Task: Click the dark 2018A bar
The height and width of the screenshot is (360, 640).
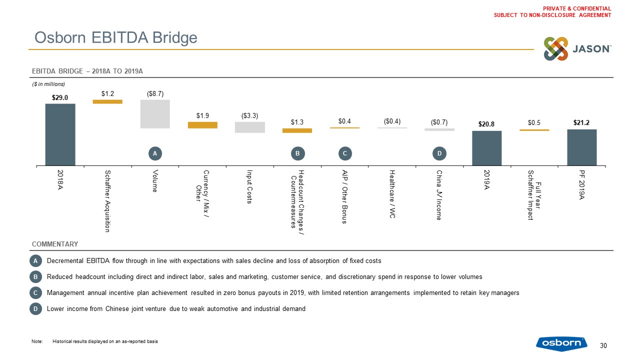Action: pos(60,134)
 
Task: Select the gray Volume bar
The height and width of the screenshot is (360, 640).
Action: pos(155,114)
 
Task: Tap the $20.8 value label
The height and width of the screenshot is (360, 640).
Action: pos(487,123)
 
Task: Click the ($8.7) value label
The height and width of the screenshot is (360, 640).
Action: pos(155,93)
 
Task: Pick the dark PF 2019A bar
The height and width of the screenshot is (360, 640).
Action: pos(582,147)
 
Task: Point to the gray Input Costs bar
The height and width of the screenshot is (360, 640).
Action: pos(249,127)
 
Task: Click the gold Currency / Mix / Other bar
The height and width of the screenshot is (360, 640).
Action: pos(202,125)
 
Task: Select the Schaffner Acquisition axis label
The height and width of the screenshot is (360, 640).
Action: pos(107,200)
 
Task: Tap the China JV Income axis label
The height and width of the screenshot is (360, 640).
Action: pos(439,195)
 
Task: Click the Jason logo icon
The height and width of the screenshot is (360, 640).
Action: pos(556,49)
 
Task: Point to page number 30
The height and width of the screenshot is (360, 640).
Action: pos(603,345)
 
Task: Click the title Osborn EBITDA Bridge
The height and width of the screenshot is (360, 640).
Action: pos(115,37)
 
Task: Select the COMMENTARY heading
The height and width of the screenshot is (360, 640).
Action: pos(55,244)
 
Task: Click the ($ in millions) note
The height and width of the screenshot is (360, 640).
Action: pos(48,83)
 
